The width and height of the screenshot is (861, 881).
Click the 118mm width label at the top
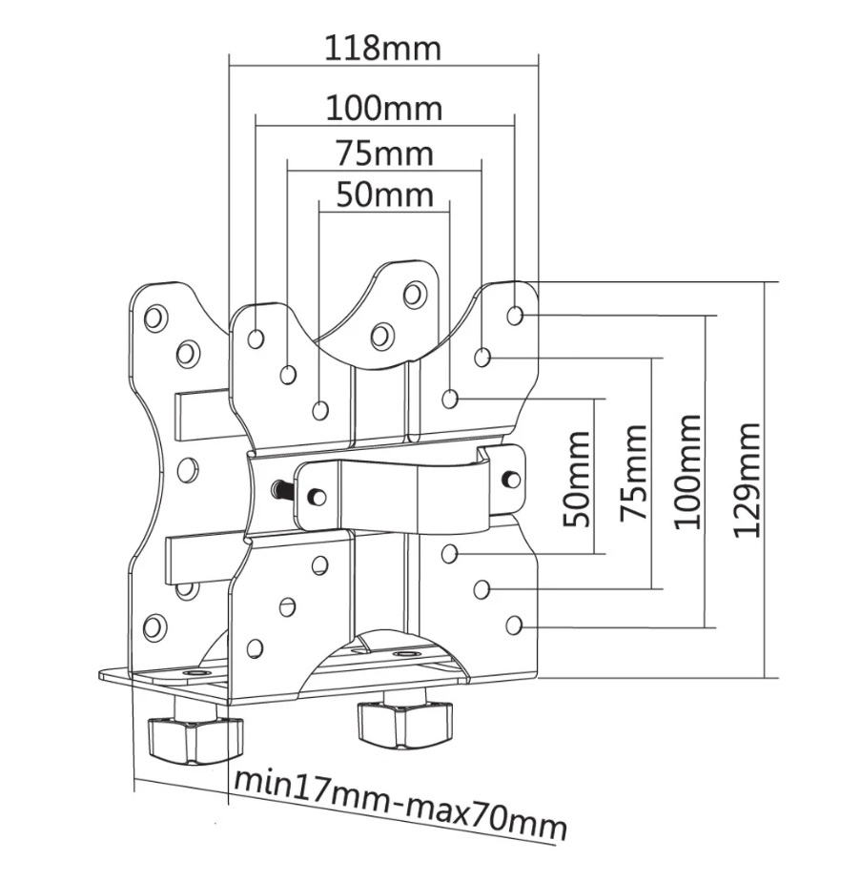click(383, 49)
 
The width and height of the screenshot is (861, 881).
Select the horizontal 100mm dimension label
click(384, 109)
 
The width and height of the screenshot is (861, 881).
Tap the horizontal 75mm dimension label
click(385, 154)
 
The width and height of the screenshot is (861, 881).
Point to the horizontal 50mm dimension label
click(385, 195)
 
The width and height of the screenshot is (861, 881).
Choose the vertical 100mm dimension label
click(688, 471)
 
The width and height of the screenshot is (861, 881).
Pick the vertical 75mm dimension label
click(633, 472)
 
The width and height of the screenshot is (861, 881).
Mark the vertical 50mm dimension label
click(577, 479)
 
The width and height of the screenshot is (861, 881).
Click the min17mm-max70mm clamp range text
click(400, 805)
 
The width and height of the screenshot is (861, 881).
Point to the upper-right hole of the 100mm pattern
click(515, 316)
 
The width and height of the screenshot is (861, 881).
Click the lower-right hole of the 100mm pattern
click(514, 625)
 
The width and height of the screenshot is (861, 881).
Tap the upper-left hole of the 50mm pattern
click(320, 411)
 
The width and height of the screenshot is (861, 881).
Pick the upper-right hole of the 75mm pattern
click(482, 357)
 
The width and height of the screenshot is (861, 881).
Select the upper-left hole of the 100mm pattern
click(256, 338)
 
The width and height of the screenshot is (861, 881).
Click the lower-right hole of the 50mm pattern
click(449, 554)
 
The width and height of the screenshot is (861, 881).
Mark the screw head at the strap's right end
click(511, 479)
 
